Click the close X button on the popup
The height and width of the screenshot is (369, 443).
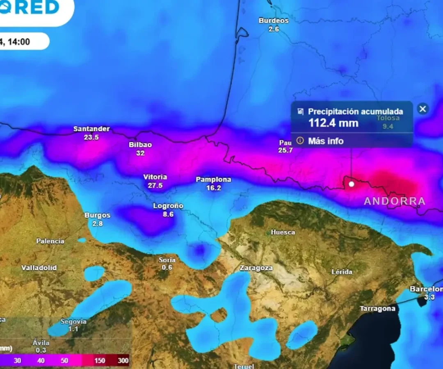pos(423,109)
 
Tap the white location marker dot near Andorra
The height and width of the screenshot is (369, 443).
pos(351,184)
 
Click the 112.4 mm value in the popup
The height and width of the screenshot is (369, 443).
pos(333,123)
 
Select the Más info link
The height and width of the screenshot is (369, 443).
pos(326,141)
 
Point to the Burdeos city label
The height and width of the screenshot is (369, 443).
pos(274,20)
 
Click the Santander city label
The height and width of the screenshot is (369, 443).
pos(91,129)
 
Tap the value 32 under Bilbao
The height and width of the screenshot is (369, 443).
pos(140,153)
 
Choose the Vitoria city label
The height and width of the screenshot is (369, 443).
pos(155,177)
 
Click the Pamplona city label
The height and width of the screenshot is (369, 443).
pos(213,180)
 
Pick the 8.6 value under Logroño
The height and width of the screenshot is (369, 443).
pos(168,214)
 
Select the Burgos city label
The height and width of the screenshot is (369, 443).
pos(98,215)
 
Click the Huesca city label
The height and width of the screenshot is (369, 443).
pos(283,232)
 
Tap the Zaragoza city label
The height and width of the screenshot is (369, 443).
pos(256,268)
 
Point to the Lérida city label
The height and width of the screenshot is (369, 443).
pos(342,272)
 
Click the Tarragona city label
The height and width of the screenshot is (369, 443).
pos(378,309)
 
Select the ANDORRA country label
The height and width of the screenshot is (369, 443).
pos(395,201)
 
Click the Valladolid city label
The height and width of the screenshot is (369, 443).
pos(39,268)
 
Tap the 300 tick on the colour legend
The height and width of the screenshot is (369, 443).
pos(123,361)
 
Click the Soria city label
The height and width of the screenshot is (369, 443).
pos(167,260)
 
